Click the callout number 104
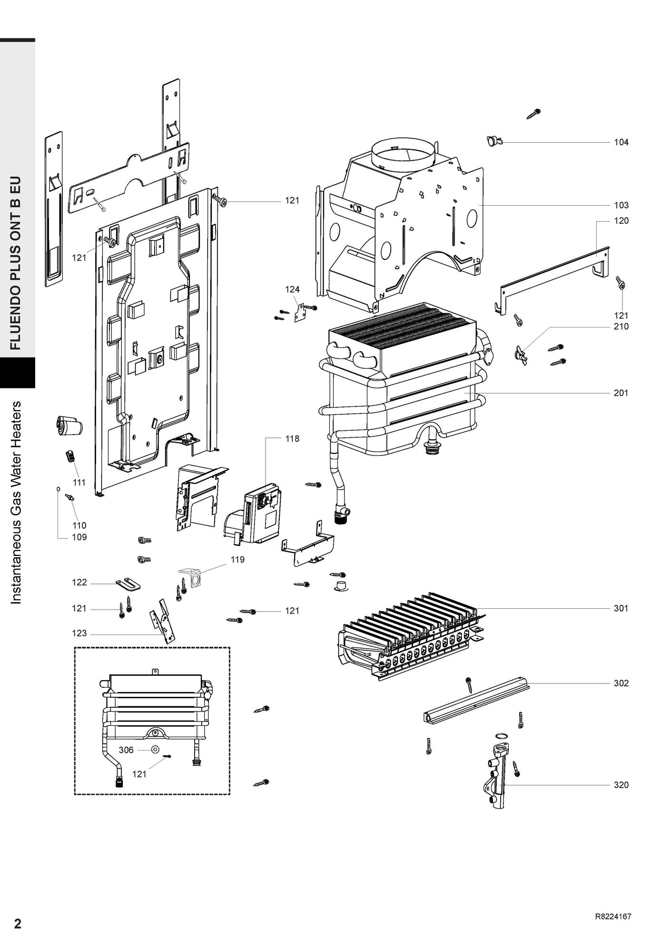click(621, 142)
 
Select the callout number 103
click(621, 205)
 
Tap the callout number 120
click(621, 221)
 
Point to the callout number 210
click(621, 326)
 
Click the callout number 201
click(621, 393)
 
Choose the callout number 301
click(621, 608)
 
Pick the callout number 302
click(621, 683)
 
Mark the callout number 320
click(621, 785)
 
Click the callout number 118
click(292, 438)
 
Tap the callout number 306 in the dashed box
click(126, 750)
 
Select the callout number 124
click(292, 289)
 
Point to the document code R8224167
click(613, 917)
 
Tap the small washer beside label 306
click(155, 750)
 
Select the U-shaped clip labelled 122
click(128, 583)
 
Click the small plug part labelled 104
click(494, 141)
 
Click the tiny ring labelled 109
click(58, 488)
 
